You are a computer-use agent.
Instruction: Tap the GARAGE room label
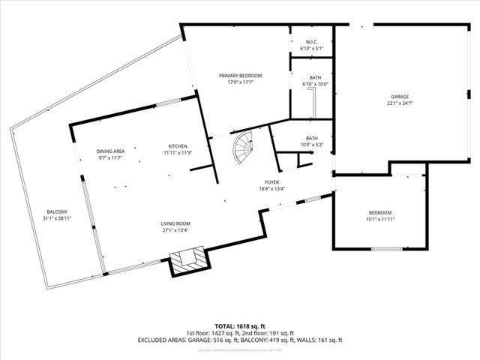(400, 97)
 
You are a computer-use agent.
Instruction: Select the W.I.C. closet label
(310, 41)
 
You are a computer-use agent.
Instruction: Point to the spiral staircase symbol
(245, 148)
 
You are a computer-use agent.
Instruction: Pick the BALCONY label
(57, 212)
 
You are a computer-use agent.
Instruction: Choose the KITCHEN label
(178, 145)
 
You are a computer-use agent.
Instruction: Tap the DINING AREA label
(110, 151)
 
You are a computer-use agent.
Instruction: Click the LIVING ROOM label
(175, 223)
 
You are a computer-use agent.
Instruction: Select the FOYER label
(272, 182)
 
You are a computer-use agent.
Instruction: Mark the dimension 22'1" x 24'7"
(400, 103)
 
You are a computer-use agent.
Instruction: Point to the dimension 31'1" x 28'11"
(57, 219)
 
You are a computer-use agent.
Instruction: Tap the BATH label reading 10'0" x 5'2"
(311, 138)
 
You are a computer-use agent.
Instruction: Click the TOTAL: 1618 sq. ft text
(240, 326)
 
